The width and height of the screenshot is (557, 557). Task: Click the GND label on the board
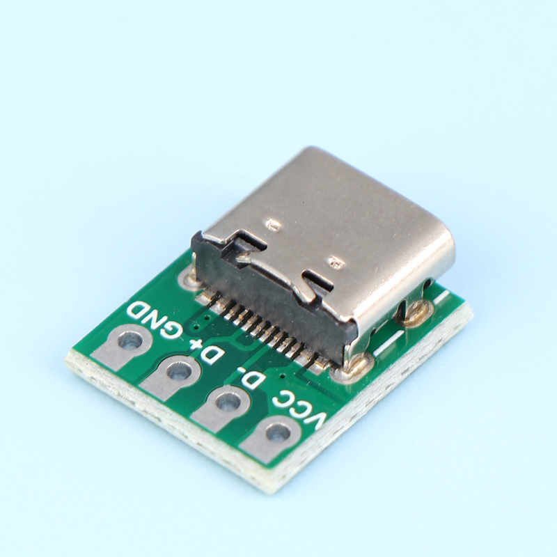pos(155,319)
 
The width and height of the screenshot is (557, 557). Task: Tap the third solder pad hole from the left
pos(226,403)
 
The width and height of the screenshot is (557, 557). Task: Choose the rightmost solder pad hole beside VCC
pos(276,432)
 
